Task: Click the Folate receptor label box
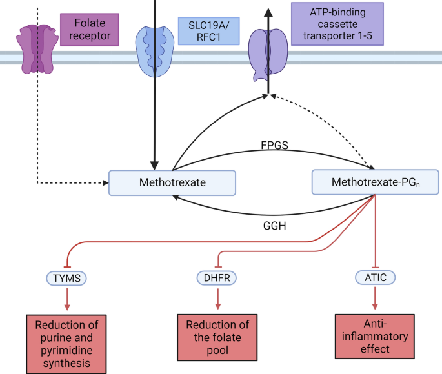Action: point(90,30)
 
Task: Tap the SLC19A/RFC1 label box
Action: point(209,31)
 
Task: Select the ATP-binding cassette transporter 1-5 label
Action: point(337,24)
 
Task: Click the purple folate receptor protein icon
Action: point(37,49)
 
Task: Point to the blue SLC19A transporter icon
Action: point(154,52)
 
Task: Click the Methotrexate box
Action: point(172,182)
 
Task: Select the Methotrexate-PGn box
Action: point(375,182)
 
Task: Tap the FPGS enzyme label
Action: point(275,145)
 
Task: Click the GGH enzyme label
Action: point(275,226)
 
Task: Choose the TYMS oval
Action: point(66,279)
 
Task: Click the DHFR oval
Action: point(217,278)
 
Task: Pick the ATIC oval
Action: point(376,278)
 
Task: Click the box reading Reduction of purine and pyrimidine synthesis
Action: point(66,344)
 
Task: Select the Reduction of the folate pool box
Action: point(217,337)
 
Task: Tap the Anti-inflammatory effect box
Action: point(375,336)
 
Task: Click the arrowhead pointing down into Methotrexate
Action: point(154,166)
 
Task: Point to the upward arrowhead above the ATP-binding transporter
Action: point(268,12)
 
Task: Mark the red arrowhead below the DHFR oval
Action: point(217,306)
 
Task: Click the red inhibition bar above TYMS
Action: point(67,267)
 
